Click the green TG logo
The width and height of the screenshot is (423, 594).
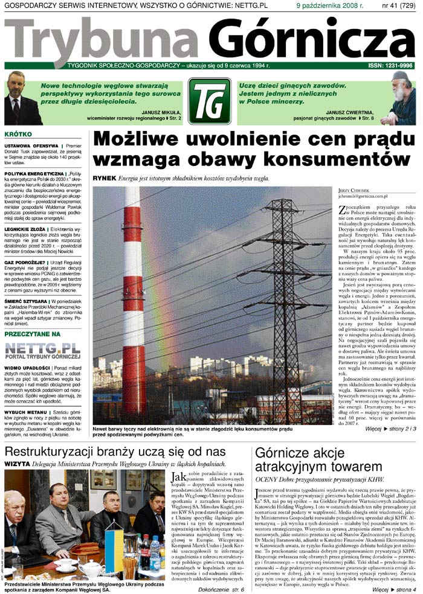209,101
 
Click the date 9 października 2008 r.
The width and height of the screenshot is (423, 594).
329,5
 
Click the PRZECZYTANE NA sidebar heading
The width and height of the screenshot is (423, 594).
33,333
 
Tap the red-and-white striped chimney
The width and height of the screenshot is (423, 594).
133,290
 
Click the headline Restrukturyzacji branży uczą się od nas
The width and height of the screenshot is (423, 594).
115,452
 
